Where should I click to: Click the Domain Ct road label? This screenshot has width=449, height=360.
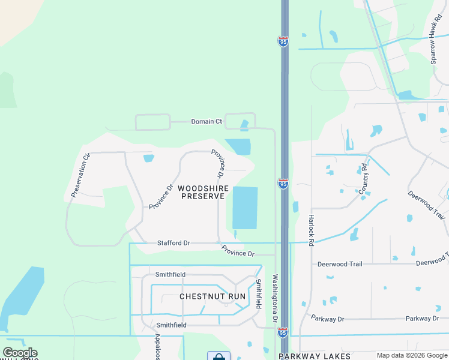[206, 121]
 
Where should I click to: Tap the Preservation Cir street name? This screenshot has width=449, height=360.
[80, 175]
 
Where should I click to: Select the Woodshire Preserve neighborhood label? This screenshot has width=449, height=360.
[203, 192]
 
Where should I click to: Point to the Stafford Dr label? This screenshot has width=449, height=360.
[173, 243]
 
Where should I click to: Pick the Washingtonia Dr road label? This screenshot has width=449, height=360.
[275, 298]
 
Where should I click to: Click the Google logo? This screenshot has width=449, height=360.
[20, 353]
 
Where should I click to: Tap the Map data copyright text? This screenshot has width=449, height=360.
[411, 356]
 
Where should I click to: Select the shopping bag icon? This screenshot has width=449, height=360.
[218, 356]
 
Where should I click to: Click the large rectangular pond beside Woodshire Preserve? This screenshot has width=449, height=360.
[245, 208]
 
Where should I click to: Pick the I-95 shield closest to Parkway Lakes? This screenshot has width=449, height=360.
[283, 332]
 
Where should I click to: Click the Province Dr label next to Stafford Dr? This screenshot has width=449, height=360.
[238, 251]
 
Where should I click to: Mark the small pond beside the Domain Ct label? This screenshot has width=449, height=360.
[244, 125]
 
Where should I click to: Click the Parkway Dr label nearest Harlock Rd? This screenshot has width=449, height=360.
[327, 318]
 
